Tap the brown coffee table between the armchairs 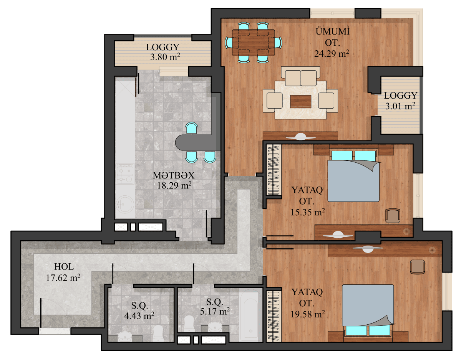[301, 101]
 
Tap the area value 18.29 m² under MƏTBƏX [174, 185]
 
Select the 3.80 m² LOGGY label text [163, 47]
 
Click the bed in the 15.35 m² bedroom [353, 178]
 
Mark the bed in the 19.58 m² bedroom [368, 307]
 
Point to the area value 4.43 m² [139, 315]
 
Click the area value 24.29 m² [332, 53]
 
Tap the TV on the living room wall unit [300, 136]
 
